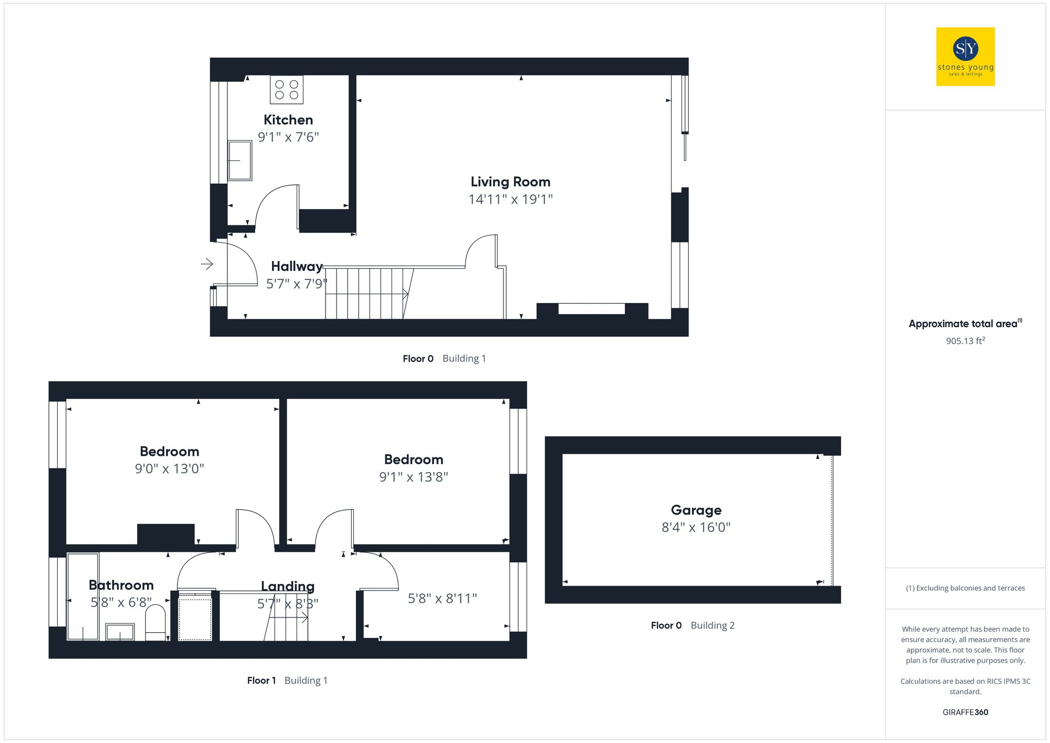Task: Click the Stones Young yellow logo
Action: tap(965, 56)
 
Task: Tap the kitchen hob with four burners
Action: tap(286, 90)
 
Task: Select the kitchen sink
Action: tap(239, 160)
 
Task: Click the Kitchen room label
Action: tap(288, 120)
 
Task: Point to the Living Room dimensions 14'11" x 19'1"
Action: tap(510, 200)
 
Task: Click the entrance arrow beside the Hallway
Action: tap(207, 264)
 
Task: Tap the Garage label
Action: tap(696, 510)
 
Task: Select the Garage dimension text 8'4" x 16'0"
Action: tap(696, 527)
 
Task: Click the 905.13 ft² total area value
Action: tap(965, 341)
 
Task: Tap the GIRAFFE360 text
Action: tap(965, 712)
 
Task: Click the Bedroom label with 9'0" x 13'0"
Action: tap(169, 452)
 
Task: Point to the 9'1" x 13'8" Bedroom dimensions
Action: tap(414, 477)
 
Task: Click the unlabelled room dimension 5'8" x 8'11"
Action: tap(442, 599)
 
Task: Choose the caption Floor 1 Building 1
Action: tap(287, 681)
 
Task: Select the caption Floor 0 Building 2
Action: tap(692, 625)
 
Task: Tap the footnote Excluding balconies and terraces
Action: tap(965, 588)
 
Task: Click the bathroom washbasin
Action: tap(120, 632)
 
